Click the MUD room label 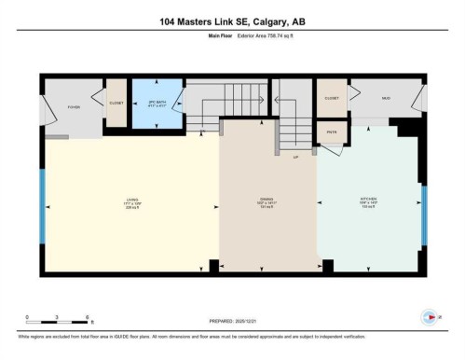(384, 97)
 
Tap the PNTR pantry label (332, 132)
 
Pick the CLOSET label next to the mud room (332, 97)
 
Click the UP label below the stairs (296, 156)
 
